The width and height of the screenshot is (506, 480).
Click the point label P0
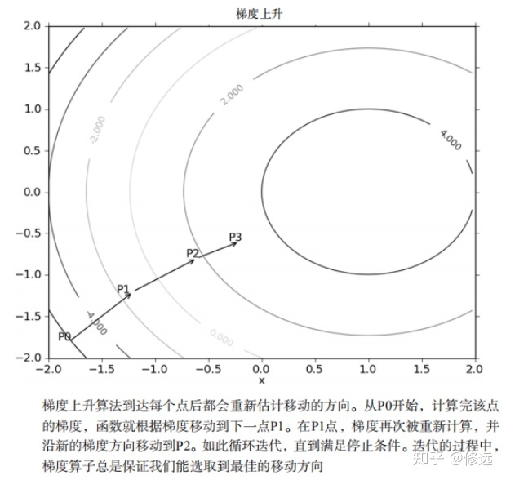(64, 336)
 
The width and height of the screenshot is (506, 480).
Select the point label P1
(122, 288)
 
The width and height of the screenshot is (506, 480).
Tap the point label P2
(193, 253)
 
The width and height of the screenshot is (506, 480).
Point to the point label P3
(235, 237)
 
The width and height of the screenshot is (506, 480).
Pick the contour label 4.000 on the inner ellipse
(450, 140)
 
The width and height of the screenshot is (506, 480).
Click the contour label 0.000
(220, 336)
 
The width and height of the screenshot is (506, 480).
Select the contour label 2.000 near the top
(231, 95)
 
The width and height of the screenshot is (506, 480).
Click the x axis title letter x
(262, 380)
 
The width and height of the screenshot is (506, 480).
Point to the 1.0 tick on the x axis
(369, 368)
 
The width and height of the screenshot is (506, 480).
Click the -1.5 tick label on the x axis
(101, 368)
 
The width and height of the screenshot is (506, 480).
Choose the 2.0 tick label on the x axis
(476, 368)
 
